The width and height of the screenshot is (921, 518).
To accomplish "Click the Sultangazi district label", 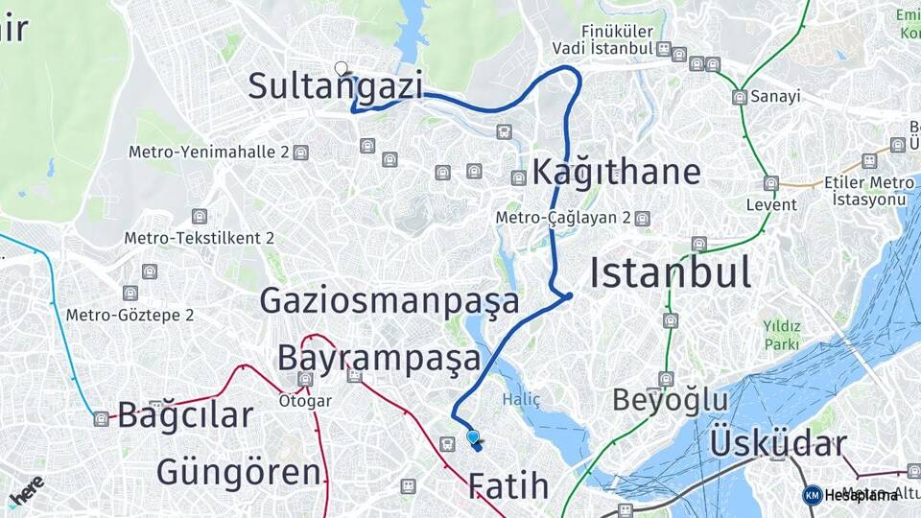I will [x=335, y=86].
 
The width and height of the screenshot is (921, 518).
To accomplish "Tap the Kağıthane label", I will [x=615, y=173].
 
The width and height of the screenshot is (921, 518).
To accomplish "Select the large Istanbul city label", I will [x=670, y=273].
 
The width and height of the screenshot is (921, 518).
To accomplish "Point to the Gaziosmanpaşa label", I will [x=390, y=301].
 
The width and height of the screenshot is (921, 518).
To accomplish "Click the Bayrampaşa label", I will [x=378, y=358].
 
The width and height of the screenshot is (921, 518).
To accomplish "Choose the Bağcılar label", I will [x=185, y=415].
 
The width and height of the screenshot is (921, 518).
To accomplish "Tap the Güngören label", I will [x=238, y=472].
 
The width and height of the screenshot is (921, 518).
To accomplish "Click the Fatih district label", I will [x=508, y=486].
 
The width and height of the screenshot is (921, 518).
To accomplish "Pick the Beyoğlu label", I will [x=670, y=399].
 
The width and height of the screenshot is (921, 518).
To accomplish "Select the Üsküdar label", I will [x=778, y=444].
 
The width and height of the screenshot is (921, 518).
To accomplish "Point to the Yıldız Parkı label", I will [x=781, y=334].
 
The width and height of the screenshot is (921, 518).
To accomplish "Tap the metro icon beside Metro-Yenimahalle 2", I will [x=301, y=153].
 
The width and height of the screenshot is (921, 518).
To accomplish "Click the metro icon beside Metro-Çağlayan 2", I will [x=642, y=219].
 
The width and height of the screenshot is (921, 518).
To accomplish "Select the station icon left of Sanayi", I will [x=739, y=97].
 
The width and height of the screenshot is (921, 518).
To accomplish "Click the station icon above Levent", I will [x=771, y=183].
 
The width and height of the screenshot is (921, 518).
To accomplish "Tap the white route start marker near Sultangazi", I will [x=341, y=68].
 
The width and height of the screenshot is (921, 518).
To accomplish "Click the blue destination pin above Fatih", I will [x=472, y=437].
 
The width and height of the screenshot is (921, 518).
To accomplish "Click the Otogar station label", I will [x=305, y=400].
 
